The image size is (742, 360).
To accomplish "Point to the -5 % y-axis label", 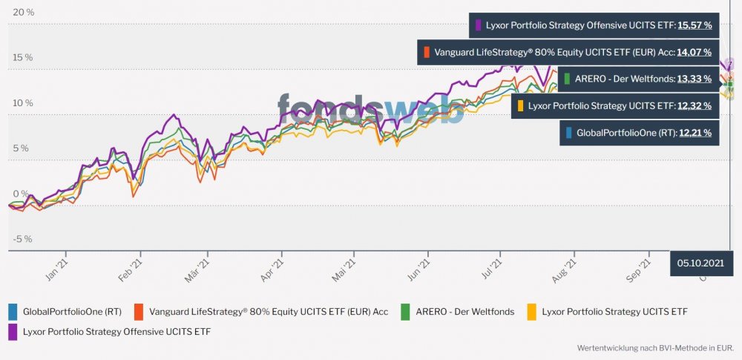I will (x=23, y=239).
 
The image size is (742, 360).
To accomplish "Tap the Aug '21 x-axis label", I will (x=565, y=269).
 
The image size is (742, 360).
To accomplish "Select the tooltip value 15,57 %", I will (x=695, y=25).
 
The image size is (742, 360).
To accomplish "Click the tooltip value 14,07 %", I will (x=695, y=53).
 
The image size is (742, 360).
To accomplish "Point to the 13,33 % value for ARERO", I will (x=695, y=79).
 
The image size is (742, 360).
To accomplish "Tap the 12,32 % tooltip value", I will (x=695, y=106).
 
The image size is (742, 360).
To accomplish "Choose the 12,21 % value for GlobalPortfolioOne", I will (x=695, y=133).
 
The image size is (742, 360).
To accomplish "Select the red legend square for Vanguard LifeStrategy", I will (x=139, y=312).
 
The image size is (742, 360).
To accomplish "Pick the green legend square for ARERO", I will (x=405, y=312).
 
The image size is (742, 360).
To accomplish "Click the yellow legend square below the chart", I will (x=531, y=312).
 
